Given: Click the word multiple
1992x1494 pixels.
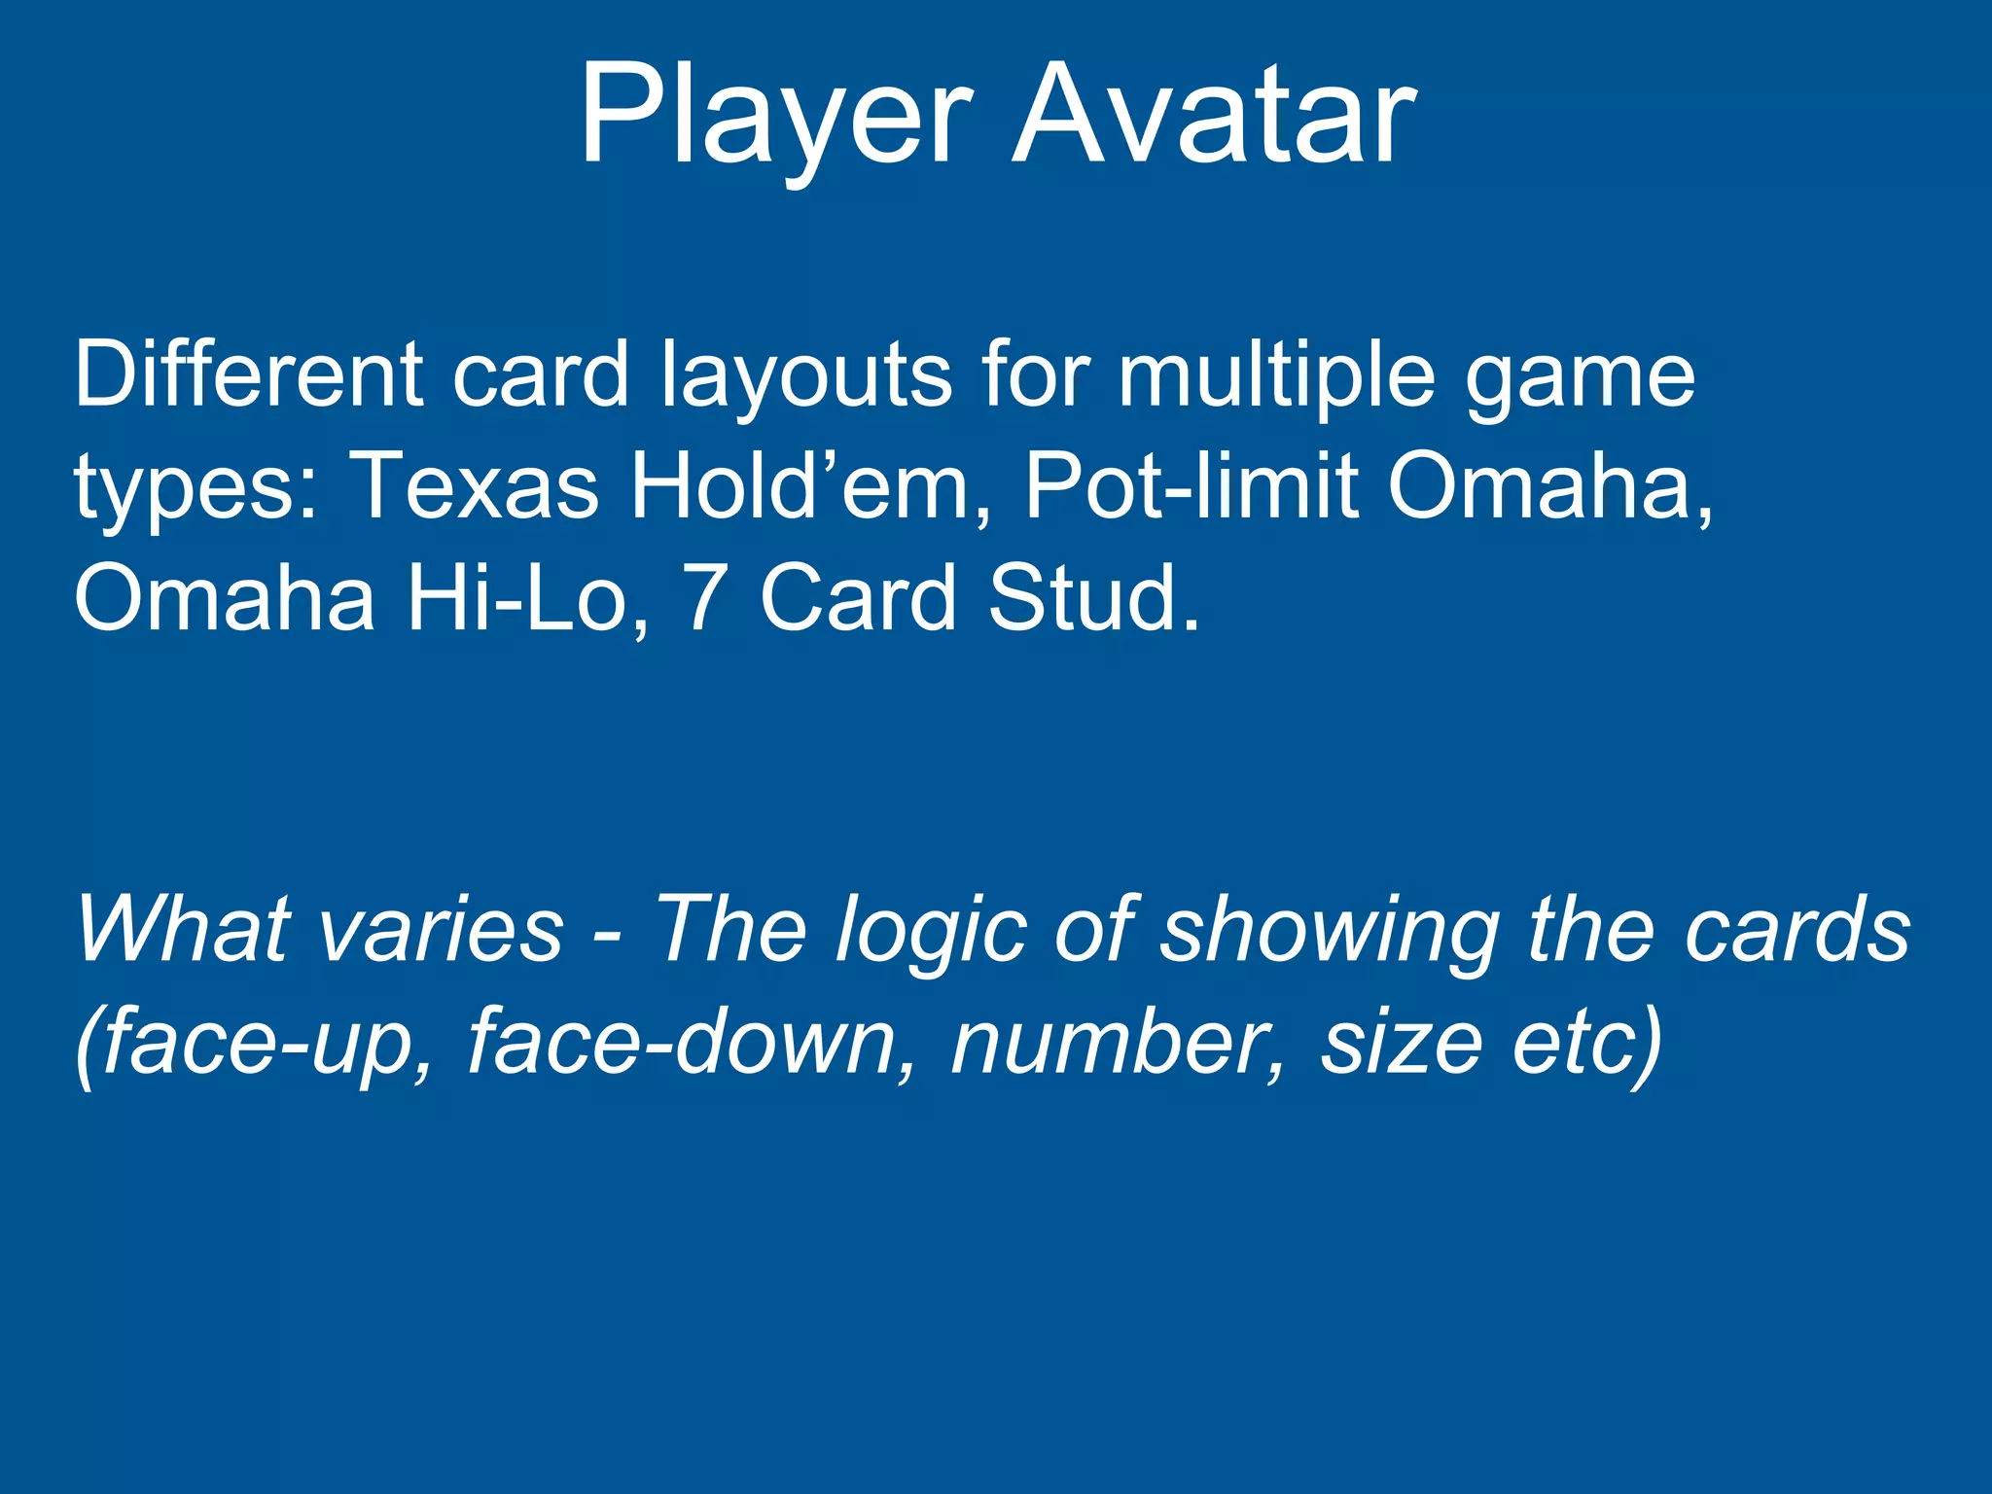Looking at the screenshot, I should (1275, 377).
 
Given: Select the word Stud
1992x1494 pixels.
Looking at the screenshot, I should (1094, 598).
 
